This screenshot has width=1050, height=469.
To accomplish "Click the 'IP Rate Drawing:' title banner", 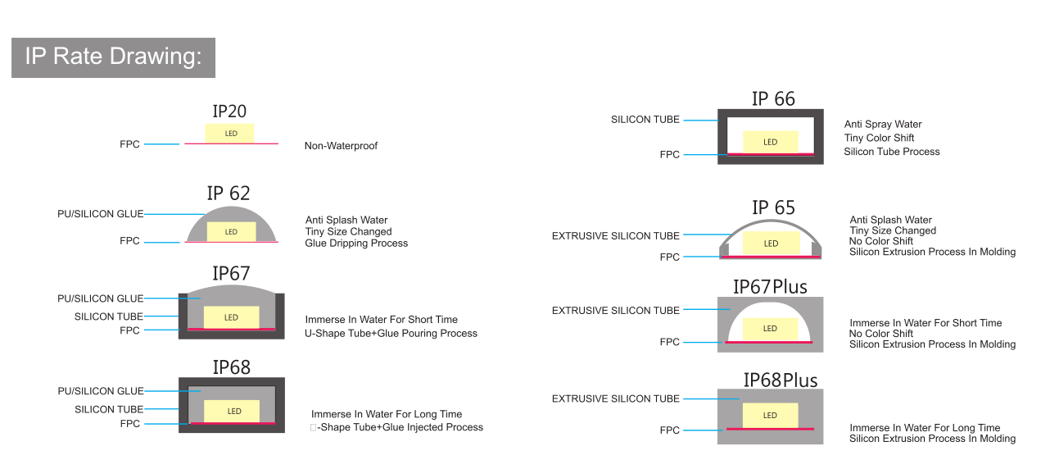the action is coord(114,57).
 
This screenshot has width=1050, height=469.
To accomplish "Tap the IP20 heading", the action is coord(229,112).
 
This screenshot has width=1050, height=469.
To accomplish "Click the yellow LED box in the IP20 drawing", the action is coord(229,134).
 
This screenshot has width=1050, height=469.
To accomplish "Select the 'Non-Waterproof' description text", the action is coord(341,146).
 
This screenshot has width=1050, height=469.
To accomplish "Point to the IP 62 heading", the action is coord(229,193).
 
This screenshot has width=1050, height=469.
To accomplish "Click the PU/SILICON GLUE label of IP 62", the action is coord(100,214).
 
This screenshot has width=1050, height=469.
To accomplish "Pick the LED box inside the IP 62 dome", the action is coord(231,231).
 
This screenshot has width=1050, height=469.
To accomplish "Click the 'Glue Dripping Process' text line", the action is coord(356,244).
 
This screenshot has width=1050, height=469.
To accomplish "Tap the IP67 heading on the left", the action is coord(231,273).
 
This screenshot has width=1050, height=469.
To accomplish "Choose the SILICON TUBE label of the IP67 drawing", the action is coord(109,316).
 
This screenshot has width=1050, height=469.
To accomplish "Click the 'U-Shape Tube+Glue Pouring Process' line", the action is coord(391,334).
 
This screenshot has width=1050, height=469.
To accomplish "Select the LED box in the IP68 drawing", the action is coord(232,412).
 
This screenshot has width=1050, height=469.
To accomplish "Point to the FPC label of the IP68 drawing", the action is coord(130,424).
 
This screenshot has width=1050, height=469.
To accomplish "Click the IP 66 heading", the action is coord(773,99).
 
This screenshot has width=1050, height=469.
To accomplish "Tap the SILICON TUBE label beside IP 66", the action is coord(645,120).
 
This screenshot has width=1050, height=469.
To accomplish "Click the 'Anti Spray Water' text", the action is coord(883,125).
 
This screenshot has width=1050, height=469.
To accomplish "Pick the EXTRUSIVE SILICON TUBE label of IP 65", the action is coord(615,235).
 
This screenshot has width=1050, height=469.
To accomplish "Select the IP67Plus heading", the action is coord(770,287).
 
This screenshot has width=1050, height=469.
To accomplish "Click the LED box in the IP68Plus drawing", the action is coord(770,416).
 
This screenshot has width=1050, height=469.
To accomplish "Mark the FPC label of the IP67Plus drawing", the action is coord(669,342).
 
